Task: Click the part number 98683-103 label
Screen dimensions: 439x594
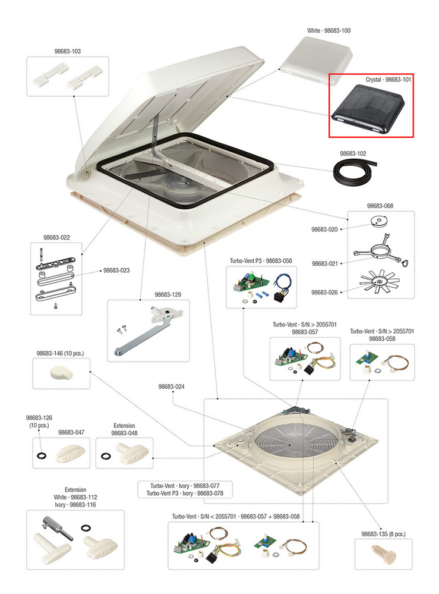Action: [x=67, y=51]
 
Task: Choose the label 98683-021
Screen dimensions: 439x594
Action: [x=325, y=263]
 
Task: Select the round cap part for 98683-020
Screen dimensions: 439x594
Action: [x=380, y=221]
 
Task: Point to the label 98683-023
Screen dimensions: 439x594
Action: [x=116, y=271]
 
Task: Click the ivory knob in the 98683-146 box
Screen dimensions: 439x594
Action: [x=61, y=373]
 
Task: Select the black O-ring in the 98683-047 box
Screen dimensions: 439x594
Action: [x=41, y=455]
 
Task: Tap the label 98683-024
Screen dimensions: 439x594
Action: [x=172, y=386]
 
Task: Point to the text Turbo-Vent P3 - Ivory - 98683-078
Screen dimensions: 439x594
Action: [x=185, y=494]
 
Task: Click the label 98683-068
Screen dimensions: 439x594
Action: [x=380, y=206]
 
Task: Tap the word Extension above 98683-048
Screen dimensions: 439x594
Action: [x=124, y=426]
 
